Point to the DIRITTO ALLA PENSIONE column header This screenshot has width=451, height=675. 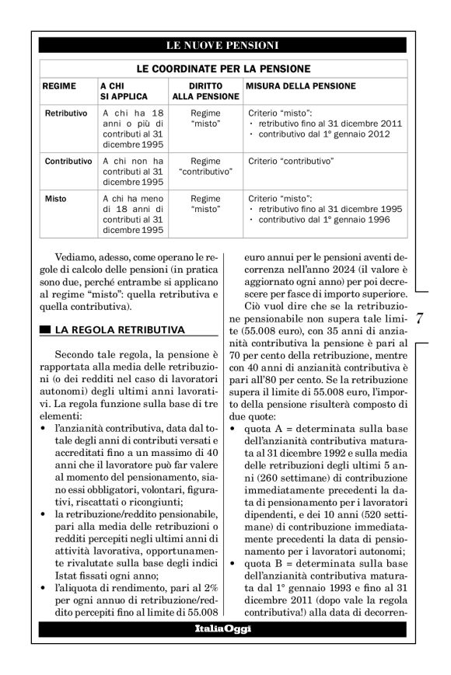tap(205, 91)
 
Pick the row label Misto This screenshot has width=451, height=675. tap(56, 199)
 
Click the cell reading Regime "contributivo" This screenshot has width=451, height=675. tap(205, 166)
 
